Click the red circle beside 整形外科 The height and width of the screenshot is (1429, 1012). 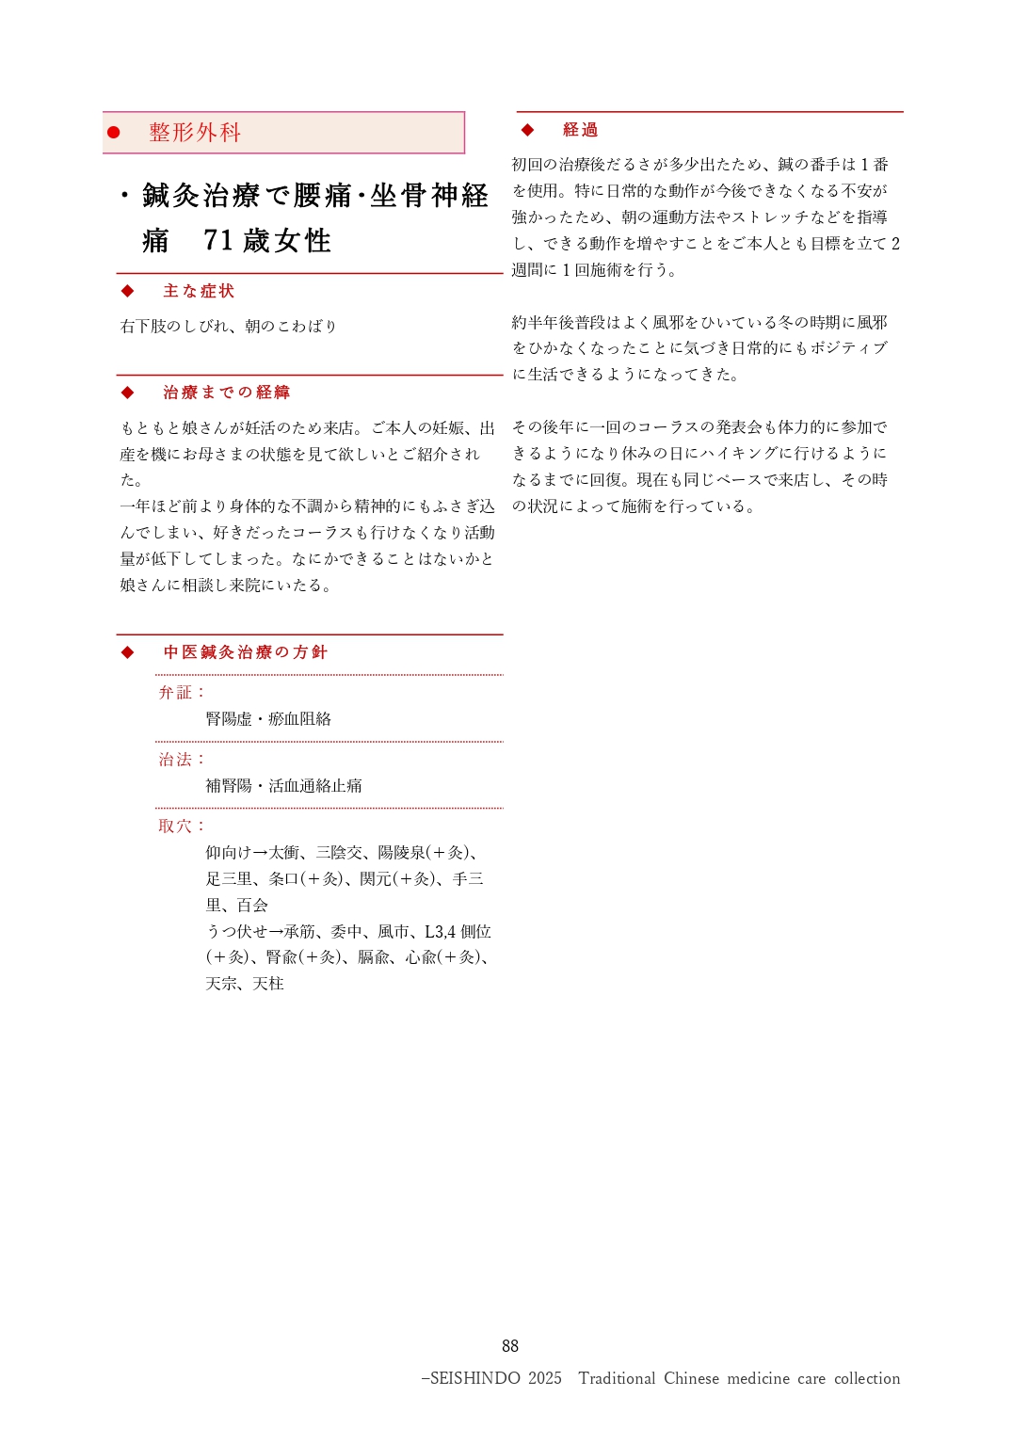(114, 133)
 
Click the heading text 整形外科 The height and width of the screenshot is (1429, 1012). (195, 133)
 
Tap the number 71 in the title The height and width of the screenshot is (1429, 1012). (218, 241)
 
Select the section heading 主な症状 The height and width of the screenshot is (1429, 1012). (199, 291)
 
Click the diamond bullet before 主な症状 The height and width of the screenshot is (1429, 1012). (128, 291)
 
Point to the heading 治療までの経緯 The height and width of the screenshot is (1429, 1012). (226, 393)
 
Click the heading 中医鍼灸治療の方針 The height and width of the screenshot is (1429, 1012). (245, 652)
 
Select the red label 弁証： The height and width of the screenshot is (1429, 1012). (182, 693)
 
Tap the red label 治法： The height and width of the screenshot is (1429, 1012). (182, 760)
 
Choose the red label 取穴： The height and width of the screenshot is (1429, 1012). (182, 827)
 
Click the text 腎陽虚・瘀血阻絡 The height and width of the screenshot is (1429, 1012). (268, 719)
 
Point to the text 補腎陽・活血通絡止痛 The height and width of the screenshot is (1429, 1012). (283, 786)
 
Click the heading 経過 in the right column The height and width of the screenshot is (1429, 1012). (580, 130)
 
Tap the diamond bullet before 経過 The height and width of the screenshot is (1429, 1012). (528, 130)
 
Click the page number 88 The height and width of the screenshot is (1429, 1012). (510, 1346)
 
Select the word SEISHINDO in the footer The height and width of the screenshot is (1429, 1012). (474, 1378)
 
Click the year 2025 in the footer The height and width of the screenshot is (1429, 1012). (544, 1378)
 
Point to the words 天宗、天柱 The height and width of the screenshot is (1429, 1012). (245, 984)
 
